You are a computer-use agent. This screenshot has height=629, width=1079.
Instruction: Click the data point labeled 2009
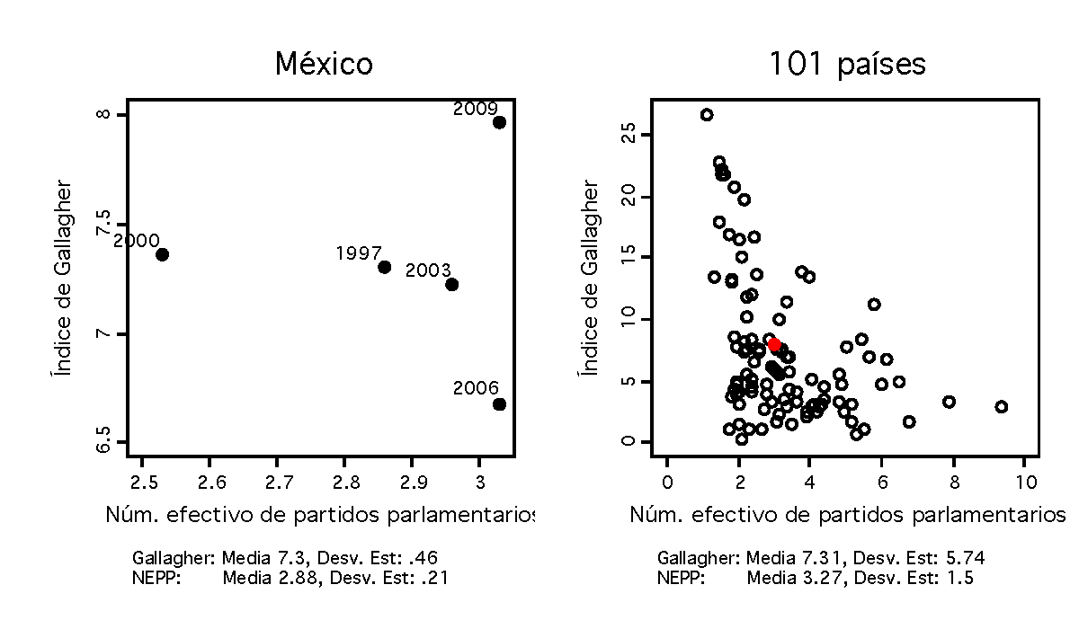point(499,122)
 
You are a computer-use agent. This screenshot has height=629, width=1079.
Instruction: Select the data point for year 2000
point(162,254)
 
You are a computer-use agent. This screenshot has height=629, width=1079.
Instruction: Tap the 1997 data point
point(384,267)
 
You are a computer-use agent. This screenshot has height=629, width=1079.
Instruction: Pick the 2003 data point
point(451,285)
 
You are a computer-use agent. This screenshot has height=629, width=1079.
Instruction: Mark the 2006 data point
point(499,404)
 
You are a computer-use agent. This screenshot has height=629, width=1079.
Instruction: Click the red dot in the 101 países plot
point(774,344)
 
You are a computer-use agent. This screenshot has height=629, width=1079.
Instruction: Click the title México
point(324,65)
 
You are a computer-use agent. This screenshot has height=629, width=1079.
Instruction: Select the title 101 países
point(847,65)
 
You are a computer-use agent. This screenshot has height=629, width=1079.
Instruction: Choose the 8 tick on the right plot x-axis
point(953,481)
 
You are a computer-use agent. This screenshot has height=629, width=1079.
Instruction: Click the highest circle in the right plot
point(707,115)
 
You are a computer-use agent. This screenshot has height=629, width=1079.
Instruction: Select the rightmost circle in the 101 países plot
point(1002,407)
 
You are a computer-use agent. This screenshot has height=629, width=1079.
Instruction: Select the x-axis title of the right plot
point(846,516)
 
